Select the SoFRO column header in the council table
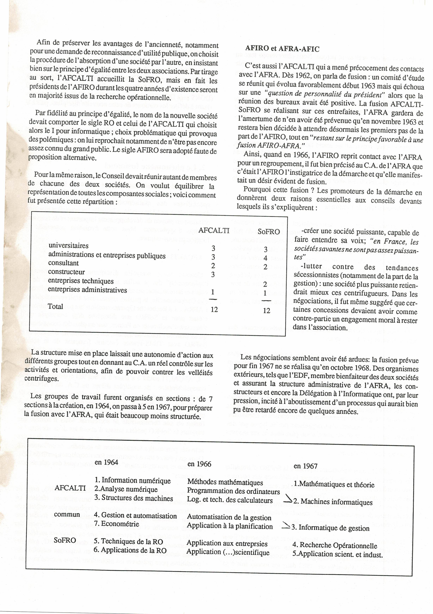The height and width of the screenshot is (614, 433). (269, 232)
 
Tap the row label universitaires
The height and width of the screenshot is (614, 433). (69, 245)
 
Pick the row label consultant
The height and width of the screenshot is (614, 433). (64, 263)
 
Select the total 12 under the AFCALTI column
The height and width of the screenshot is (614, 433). (214, 310)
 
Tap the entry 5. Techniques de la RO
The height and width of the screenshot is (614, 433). (128, 541)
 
